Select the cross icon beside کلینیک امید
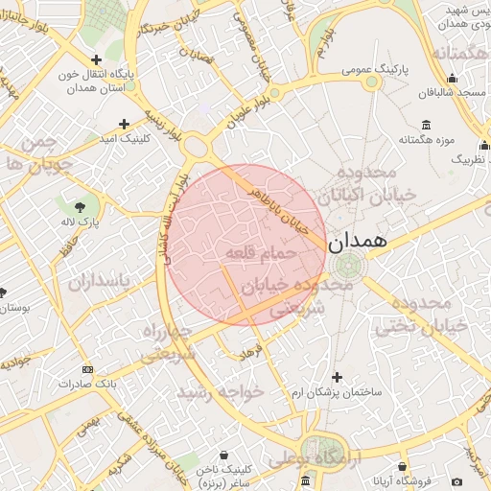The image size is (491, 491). click(124, 124)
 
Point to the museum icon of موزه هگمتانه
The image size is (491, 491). click(427, 124)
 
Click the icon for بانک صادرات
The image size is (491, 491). click(88, 369)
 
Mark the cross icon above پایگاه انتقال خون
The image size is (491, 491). click(96, 59)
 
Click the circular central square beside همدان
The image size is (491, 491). click(347, 265)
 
